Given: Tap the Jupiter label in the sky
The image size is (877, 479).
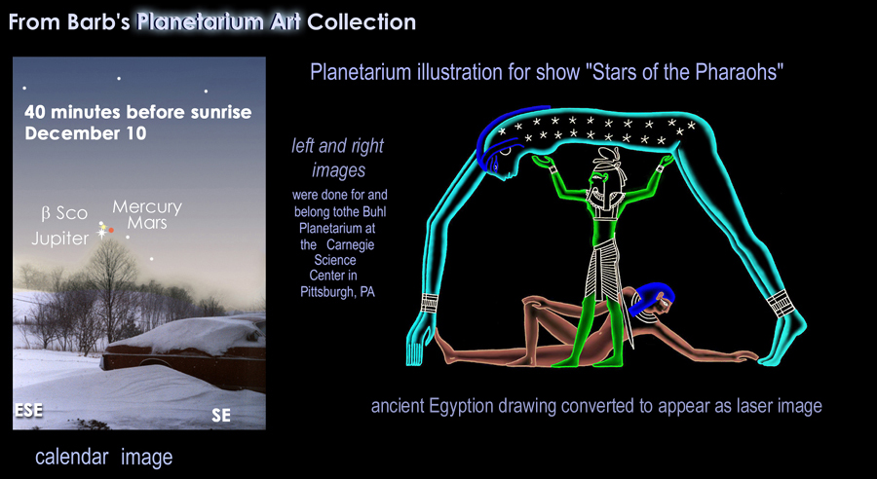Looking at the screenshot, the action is pos(60,239).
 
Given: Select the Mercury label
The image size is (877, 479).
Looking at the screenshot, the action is pos(147,207).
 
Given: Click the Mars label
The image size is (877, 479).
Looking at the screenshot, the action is pos(147,223).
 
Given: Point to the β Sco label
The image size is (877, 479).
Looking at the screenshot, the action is pos(65,213).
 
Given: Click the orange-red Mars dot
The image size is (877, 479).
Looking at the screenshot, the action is pos(111,230).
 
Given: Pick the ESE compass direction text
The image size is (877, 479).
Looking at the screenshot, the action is pos(28,410).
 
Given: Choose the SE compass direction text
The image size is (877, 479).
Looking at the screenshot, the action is pos(221,416).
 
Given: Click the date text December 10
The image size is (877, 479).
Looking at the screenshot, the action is pos(86,133).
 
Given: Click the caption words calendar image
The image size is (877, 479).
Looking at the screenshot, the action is pos(104,458).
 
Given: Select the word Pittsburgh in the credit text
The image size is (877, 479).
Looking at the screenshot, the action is pos(325,292).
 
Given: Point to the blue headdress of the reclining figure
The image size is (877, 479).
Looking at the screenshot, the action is pos(652,295).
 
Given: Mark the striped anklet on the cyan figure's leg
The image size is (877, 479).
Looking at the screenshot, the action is pos(781,303).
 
